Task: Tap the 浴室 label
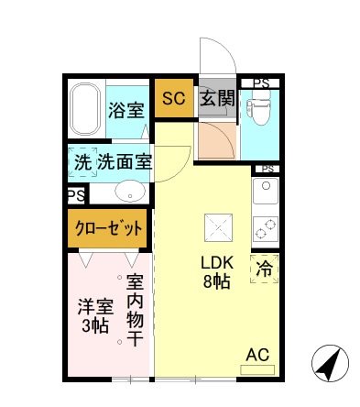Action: pos(125,111)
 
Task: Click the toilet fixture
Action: pos(259,111)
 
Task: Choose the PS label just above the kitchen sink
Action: pos(267,170)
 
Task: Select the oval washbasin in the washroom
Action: pos(130,192)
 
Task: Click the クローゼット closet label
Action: pos(107,227)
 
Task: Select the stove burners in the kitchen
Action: pos(266,227)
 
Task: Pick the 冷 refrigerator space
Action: pos(265,270)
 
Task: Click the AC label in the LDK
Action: pos(258,355)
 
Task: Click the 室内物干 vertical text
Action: pos(134,312)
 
